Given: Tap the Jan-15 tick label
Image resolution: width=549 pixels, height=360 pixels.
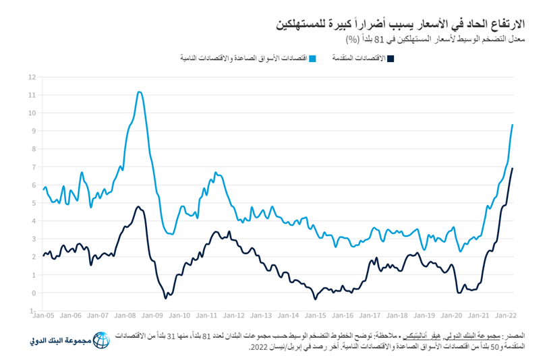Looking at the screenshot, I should point(315,315).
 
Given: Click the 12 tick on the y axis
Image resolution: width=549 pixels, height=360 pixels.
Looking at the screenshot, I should point(32,77).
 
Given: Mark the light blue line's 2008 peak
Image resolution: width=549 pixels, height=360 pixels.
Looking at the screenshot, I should point(139,92).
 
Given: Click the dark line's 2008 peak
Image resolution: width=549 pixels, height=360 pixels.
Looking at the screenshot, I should point(138,206).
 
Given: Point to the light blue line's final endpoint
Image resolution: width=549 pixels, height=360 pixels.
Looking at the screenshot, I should point(513,125).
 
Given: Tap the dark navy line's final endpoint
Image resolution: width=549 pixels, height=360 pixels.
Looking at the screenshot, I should point(513,169).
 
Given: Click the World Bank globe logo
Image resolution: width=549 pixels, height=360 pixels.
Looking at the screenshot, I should point(100,340).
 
